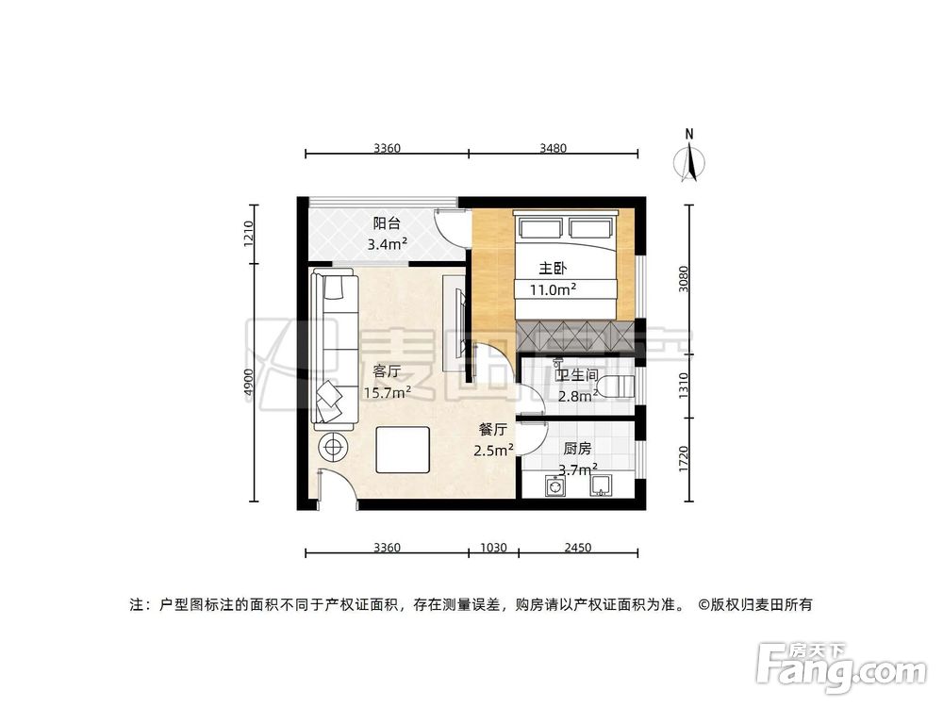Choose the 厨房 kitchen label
coord(577,449)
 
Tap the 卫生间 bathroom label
coord(577,375)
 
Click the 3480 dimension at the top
coord(554,147)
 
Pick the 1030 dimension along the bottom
coord(493,547)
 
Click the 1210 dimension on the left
coord(248,233)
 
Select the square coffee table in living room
coord(403,450)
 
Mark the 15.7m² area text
coord(387,392)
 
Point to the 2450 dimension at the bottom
coord(577,547)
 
